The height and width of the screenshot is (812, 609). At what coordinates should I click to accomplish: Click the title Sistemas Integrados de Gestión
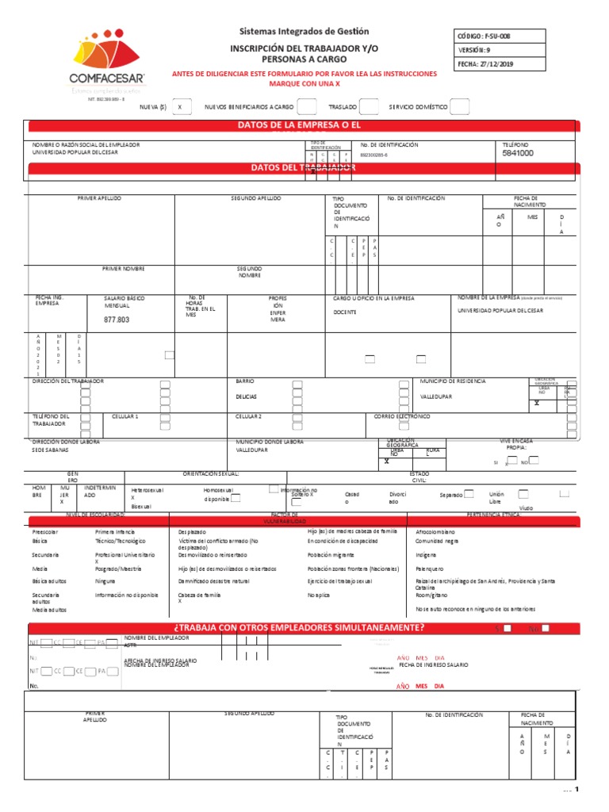coord(305,32)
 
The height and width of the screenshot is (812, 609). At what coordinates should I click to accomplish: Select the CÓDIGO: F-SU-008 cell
coord(498,36)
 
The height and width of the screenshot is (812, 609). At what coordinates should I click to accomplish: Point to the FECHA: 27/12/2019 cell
coord(498,65)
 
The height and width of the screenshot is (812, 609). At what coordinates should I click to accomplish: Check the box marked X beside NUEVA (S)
coord(182,107)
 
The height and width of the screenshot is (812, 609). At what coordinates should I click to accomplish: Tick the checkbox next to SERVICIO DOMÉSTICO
coord(461,107)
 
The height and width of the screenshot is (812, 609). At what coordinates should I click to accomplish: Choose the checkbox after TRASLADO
coord(369,107)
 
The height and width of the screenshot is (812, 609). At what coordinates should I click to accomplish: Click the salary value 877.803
coord(116,320)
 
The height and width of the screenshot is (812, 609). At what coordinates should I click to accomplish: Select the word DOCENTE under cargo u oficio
coord(345,312)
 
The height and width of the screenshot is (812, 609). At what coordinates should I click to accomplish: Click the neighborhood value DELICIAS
coord(246,396)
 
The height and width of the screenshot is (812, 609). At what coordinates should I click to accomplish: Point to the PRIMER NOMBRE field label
coord(124,270)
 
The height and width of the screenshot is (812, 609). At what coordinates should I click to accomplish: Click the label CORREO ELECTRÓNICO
coord(402,416)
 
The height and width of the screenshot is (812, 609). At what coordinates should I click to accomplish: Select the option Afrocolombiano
coord(435,530)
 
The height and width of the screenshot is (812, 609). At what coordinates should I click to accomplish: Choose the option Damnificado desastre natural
coord(213,581)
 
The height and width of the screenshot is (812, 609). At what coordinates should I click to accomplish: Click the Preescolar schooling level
coord(46,530)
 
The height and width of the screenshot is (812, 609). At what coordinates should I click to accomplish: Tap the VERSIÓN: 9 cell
coord(498,50)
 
